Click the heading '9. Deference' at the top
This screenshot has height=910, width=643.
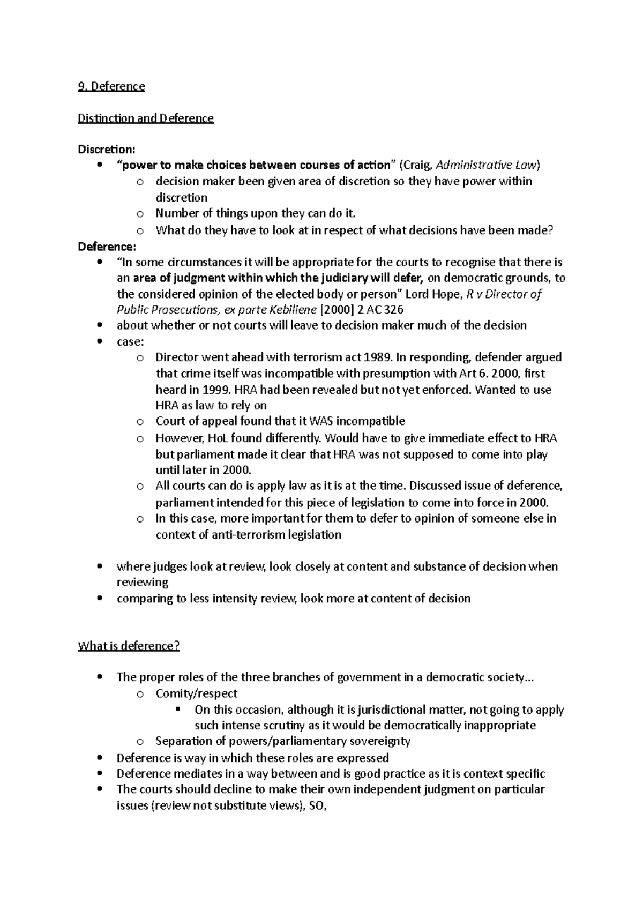tap(111, 86)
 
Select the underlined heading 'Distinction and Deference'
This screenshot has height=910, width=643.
tap(146, 118)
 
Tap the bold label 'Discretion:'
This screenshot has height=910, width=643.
tap(107, 149)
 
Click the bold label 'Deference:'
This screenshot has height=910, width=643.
tap(107, 247)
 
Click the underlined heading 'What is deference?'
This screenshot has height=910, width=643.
tap(129, 646)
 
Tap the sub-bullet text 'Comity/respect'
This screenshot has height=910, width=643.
tap(197, 693)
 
